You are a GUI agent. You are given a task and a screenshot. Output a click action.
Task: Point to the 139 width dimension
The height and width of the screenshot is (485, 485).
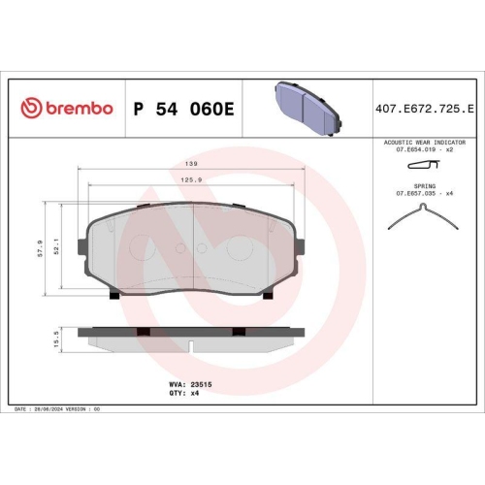click(x=192, y=164)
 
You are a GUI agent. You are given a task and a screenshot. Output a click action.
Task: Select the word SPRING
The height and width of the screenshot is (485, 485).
click(x=425, y=184)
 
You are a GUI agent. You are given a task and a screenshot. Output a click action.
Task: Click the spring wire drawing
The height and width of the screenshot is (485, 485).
click(x=423, y=219)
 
